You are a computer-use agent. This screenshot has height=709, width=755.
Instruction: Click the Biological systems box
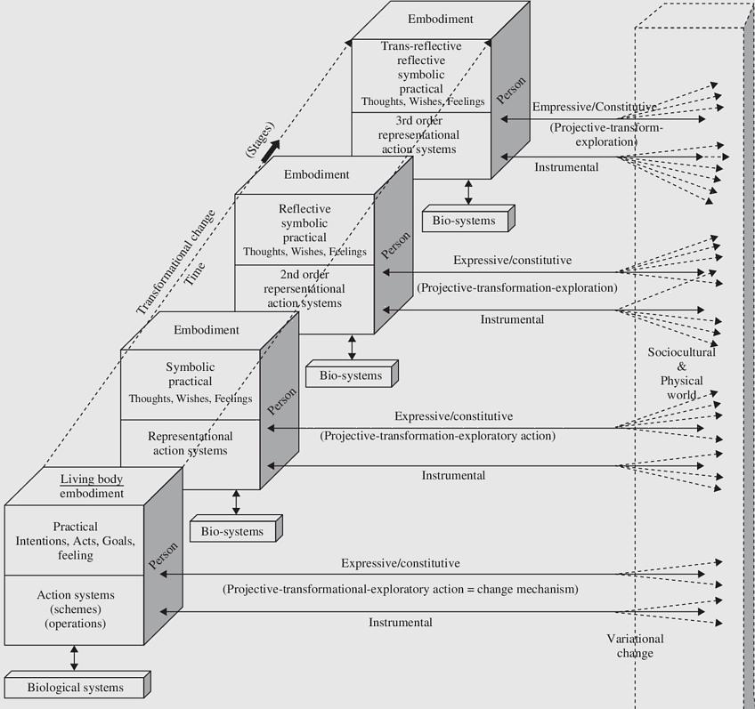click(x=75, y=688)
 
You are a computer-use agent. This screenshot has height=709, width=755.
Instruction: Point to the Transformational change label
click(x=176, y=262)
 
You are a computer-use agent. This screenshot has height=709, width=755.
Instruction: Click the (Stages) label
click(x=259, y=141)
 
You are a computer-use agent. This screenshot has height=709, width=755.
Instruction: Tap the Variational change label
click(x=635, y=646)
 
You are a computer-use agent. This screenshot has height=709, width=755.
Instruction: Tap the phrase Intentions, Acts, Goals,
click(x=75, y=541)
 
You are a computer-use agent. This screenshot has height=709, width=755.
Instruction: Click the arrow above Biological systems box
click(x=74, y=658)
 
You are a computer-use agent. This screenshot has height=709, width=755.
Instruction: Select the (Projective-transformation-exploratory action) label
click(x=437, y=436)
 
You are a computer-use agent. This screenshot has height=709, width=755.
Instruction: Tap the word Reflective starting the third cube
click(x=304, y=209)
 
